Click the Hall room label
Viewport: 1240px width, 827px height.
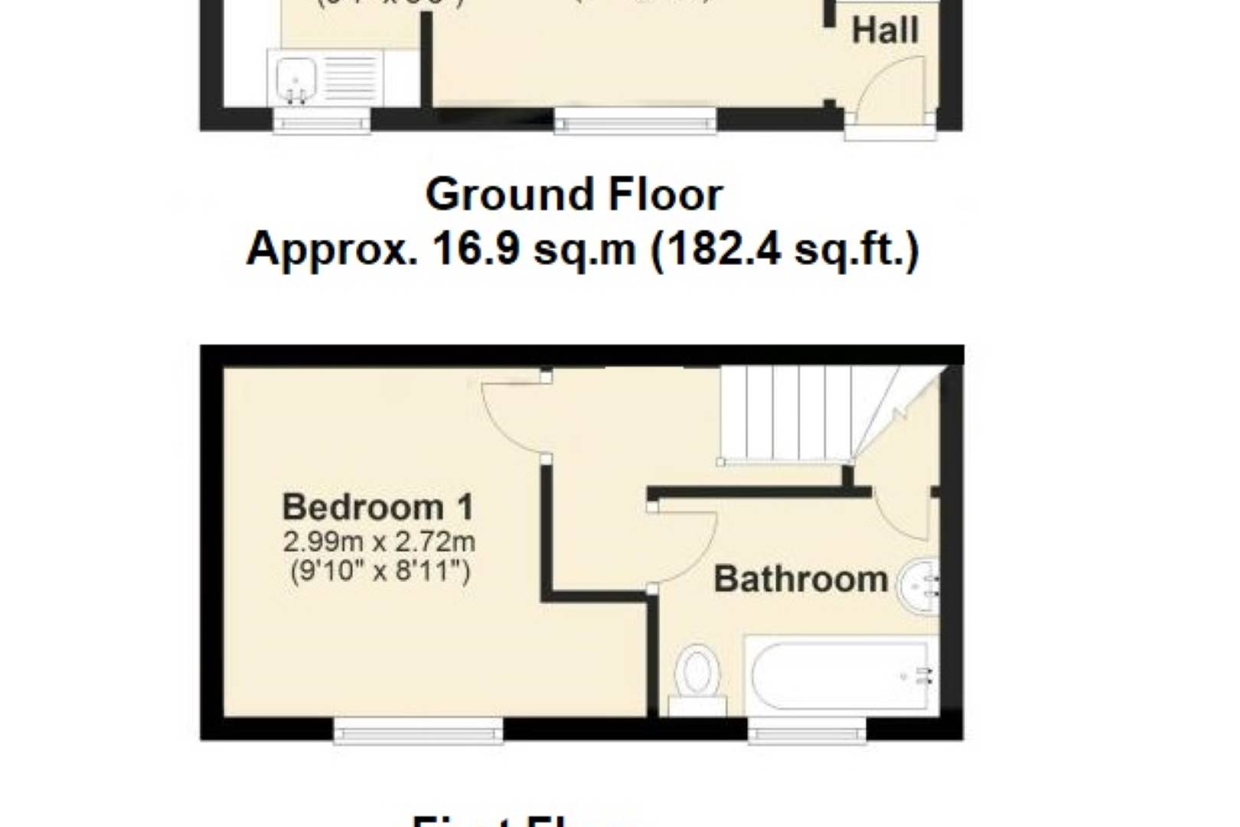(x=885, y=31)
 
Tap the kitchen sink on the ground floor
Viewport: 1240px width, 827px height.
(x=296, y=77)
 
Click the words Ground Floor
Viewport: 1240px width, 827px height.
(x=573, y=194)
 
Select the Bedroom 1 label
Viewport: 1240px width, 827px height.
(x=378, y=507)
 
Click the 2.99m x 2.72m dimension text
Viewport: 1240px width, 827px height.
(x=379, y=542)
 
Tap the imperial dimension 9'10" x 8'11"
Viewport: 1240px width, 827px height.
(x=380, y=571)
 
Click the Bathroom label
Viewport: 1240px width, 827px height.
(x=801, y=579)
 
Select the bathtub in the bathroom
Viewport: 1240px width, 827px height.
(x=840, y=675)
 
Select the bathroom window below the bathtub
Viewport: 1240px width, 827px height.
(x=807, y=731)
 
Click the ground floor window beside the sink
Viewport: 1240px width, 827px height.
(x=322, y=121)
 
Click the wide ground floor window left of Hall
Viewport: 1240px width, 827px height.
(x=635, y=120)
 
